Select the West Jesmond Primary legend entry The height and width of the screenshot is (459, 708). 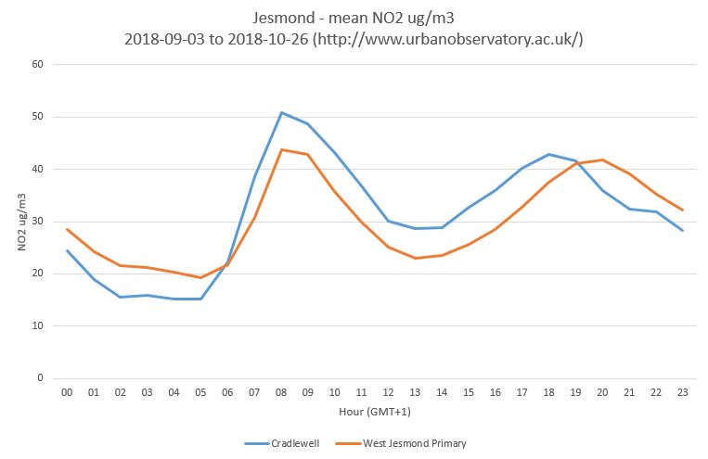tap(410, 443)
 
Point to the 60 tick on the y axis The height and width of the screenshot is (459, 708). tap(38, 64)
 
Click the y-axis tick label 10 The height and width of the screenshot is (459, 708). tap(38, 325)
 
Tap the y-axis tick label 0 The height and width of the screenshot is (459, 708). tap(41, 378)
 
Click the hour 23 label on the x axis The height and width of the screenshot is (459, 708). tap(683, 393)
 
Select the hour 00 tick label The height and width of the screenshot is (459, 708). tap(67, 393)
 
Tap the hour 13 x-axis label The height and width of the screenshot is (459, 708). tap(416, 393)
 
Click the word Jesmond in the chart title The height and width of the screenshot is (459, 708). tap(282, 18)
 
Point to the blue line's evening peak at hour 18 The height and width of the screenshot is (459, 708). tap(549, 154)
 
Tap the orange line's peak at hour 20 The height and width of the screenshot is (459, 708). tap(603, 159)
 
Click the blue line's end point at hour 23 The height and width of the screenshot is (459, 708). tap(683, 230)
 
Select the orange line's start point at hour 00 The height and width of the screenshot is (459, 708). tap(67, 229)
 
